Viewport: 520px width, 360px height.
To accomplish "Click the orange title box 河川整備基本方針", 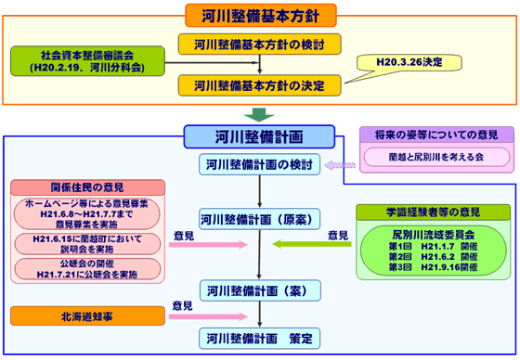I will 261,14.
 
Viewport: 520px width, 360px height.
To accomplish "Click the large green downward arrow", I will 261,115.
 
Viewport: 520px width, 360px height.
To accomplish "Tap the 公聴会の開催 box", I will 87,270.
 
